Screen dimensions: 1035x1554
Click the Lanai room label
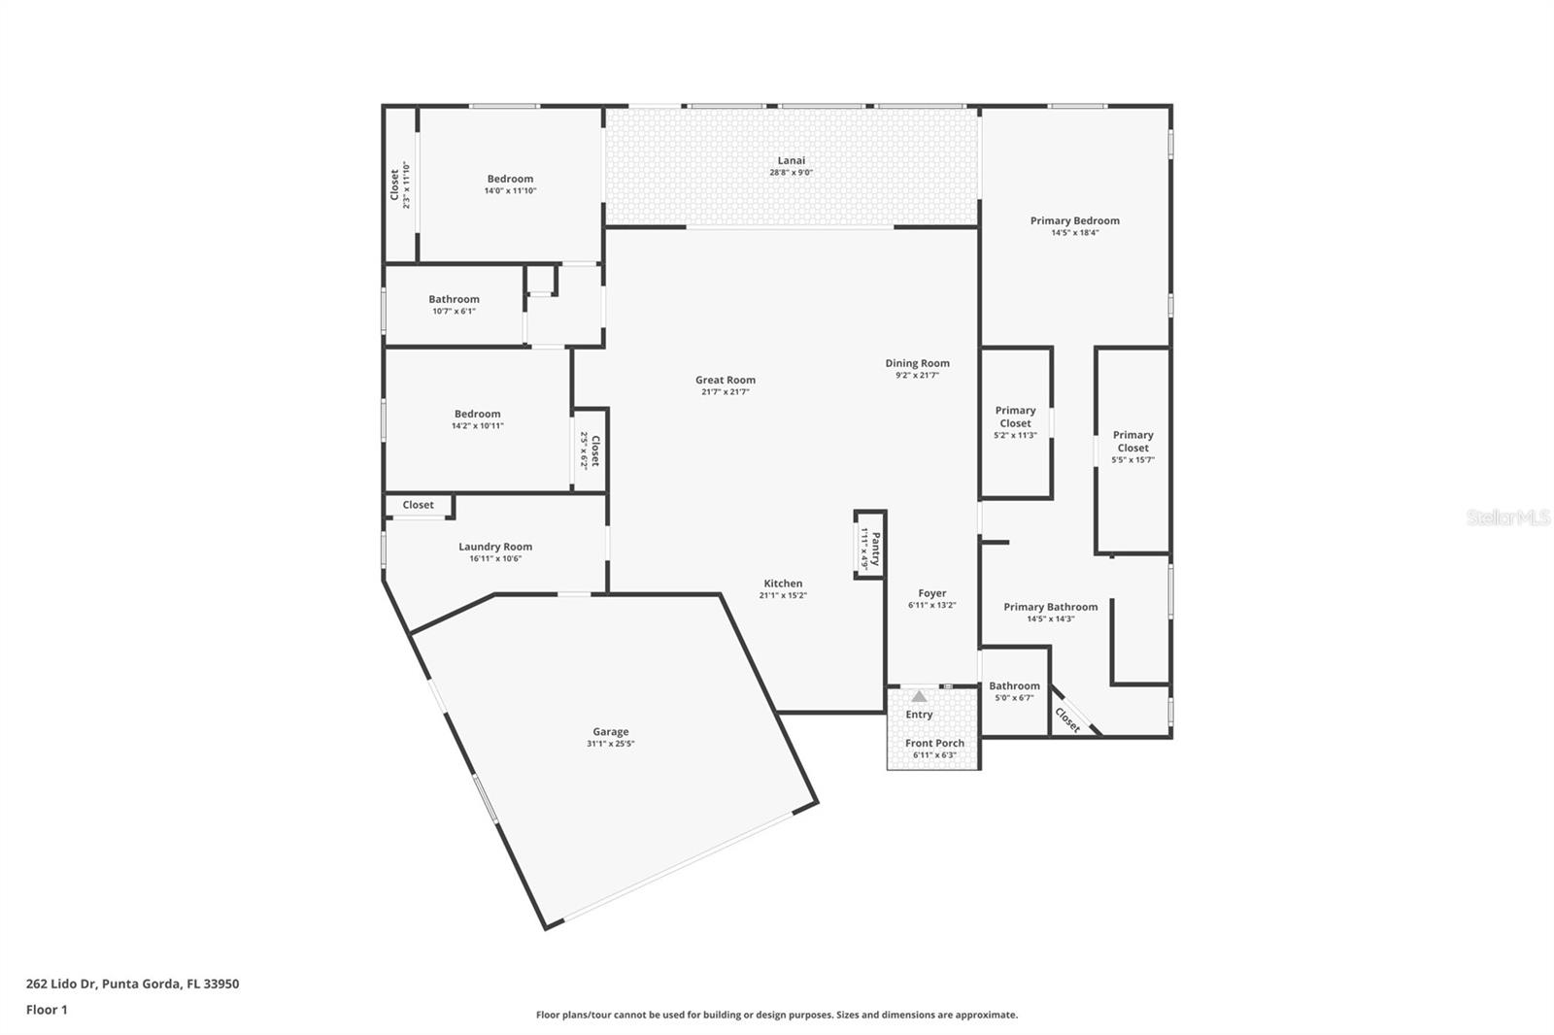click(x=791, y=160)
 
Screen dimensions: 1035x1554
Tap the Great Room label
click(x=725, y=380)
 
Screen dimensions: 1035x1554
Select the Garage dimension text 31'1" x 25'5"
click(x=610, y=744)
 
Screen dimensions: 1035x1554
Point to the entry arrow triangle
click(x=919, y=696)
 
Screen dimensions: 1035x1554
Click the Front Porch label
click(x=934, y=743)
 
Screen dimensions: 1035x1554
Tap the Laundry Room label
click(x=495, y=547)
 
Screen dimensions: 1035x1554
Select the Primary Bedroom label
click(x=1074, y=220)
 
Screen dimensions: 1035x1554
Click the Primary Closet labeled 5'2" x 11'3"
click(x=1015, y=417)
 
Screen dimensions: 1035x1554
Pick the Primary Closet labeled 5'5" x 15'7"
click(x=1132, y=441)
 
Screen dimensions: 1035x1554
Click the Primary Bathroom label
click(x=1050, y=607)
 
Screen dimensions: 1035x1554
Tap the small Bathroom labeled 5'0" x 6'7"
click(x=1014, y=685)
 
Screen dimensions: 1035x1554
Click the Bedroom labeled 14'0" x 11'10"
click(x=510, y=179)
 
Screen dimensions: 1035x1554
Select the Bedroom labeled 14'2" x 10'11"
click(x=477, y=414)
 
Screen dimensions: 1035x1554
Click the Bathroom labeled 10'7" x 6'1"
click(x=454, y=299)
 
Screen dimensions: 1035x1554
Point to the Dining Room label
click(x=917, y=363)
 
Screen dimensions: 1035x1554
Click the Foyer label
click(x=931, y=593)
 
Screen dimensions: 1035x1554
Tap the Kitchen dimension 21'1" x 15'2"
click(x=783, y=595)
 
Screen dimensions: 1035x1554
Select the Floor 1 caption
click(x=47, y=1010)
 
